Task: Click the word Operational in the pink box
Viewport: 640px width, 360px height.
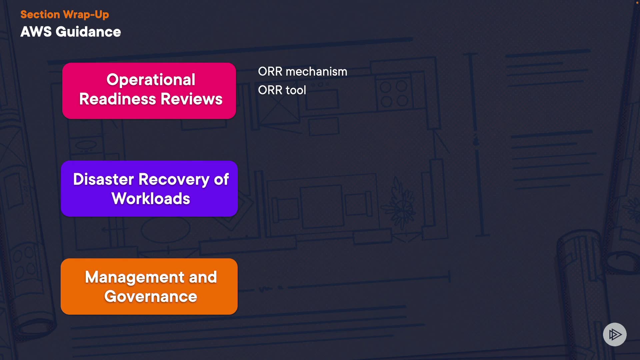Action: (x=151, y=80)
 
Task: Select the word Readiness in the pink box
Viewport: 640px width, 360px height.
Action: (x=117, y=99)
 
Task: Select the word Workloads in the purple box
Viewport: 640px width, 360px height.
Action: (x=151, y=199)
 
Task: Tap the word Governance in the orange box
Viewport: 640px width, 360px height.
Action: (x=151, y=297)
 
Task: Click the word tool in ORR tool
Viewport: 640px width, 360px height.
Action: (x=296, y=90)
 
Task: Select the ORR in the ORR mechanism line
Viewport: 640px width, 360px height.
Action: (x=270, y=72)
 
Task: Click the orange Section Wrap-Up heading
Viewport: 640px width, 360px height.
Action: (x=65, y=14)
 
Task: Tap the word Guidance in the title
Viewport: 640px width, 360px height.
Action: (x=88, y=32)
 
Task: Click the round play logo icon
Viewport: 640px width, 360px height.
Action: (x=615, y=334)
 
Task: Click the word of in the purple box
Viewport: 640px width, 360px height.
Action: (x=221, y=179)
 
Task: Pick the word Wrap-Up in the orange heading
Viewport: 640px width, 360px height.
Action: (x=86, y=14)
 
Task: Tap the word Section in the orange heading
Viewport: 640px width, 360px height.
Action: (x=40, y=14)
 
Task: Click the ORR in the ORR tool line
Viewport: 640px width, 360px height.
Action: (x=270, y=90)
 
